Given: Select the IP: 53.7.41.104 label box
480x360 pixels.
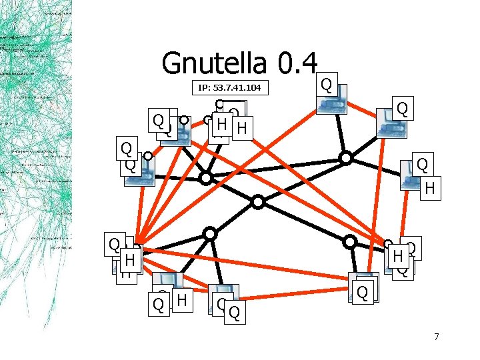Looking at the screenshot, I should coord(229,87).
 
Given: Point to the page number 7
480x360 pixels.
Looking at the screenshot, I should coord(436,337).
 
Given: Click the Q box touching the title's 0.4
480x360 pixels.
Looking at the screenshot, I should coord(325,84).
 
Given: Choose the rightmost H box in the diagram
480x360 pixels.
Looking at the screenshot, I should coord(430,189).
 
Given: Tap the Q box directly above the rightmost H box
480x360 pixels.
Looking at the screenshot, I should coord(422,164).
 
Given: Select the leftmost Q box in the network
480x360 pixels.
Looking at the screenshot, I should coord(115,244).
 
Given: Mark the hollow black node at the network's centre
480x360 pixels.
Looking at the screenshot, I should coord(258,201).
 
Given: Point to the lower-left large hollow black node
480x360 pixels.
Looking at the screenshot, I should coord(210,233).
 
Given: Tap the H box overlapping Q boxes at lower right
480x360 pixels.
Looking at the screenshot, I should coord(398,255).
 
